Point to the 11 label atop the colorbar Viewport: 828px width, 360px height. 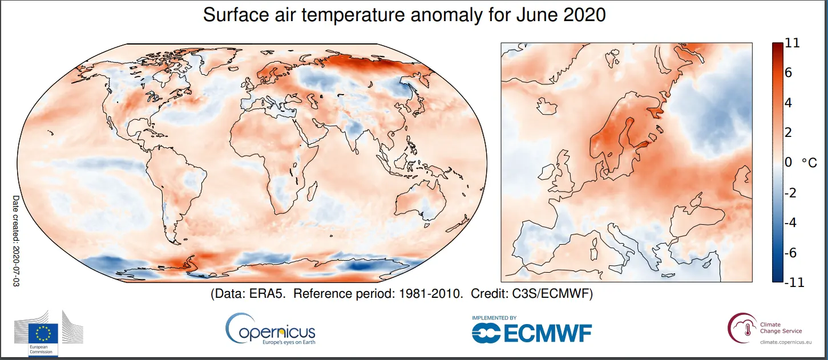(x=792, y=43)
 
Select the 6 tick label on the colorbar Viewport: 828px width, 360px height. (x=789, y=73)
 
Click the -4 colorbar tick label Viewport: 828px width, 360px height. (x=790, y=223)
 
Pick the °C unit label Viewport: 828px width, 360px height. (x=810, y=163)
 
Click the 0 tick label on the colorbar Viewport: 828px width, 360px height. (x=789, y=163)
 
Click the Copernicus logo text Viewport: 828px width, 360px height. (x=277, y=332)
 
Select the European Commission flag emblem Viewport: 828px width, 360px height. (x=44, y=333)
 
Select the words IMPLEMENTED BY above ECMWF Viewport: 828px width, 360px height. (x=494, y=318)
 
